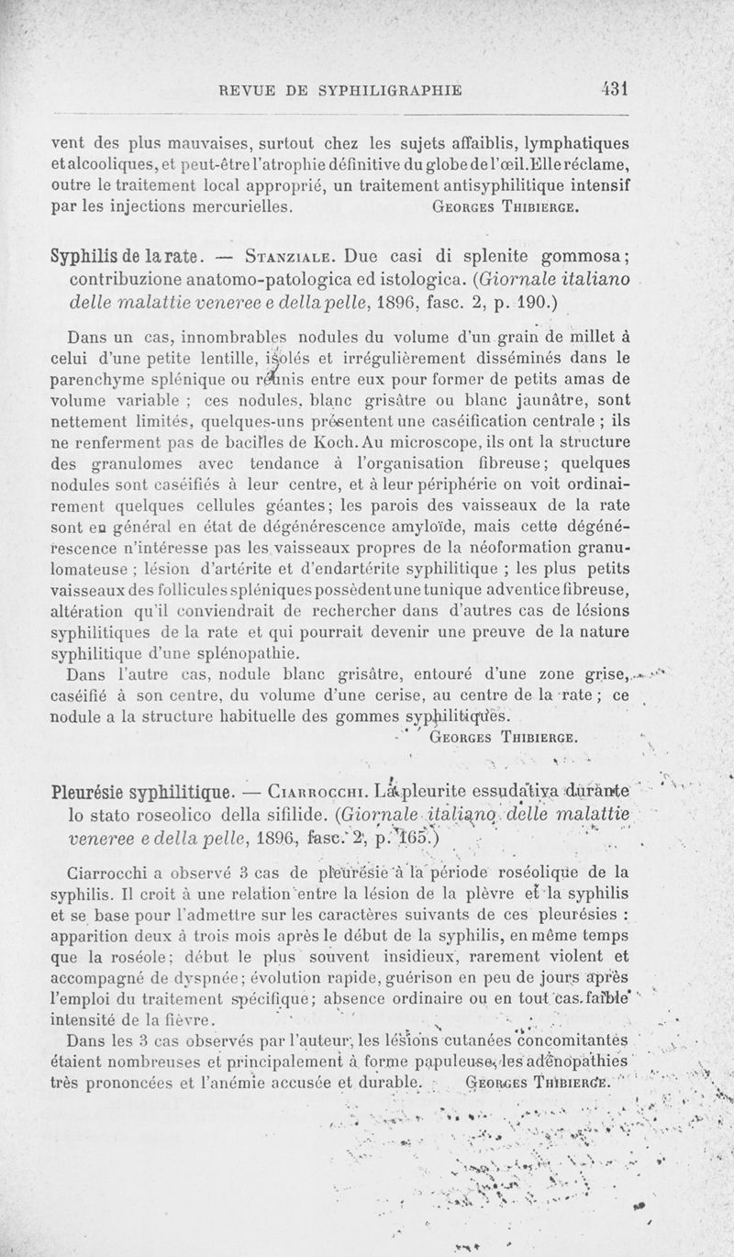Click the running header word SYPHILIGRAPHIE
tap(388, 90)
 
